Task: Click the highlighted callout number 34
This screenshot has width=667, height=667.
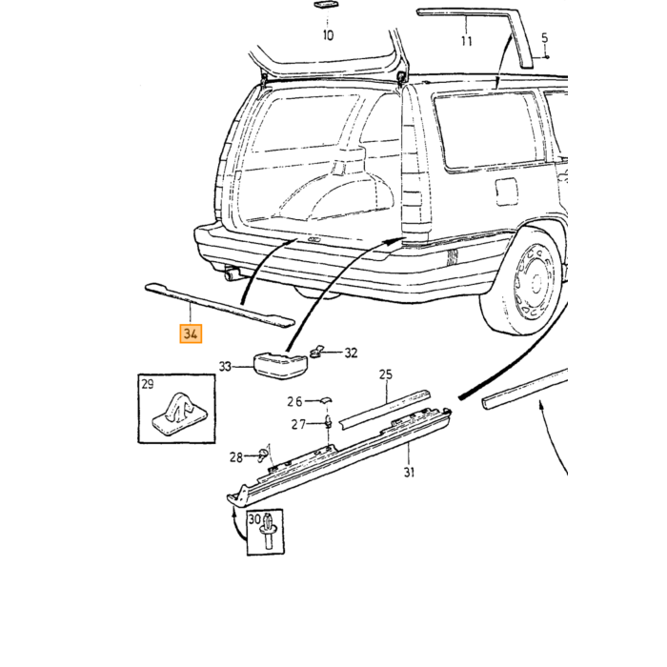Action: click(191, 333)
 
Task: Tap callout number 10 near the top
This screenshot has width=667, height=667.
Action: click(328, 35)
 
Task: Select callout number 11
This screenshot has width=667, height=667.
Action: click(467, 41)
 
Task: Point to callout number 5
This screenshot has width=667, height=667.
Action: click(545, 38)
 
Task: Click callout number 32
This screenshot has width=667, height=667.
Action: click(351, 353)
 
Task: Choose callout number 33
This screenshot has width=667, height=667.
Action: click(225, 366)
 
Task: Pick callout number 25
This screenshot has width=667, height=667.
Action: click(385, 374)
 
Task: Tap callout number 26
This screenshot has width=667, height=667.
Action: click(294, 401)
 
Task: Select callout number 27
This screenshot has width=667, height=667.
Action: click(298, 425)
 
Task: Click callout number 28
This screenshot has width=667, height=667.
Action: click(236, 457)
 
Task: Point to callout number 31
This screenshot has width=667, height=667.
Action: click(409, 473)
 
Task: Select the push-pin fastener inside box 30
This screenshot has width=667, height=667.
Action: click(269, 532)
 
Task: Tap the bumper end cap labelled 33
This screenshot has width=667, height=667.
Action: click(281, 365)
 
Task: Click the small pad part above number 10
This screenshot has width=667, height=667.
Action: click(328, 5)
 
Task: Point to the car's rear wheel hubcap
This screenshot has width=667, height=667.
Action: click(536, 281)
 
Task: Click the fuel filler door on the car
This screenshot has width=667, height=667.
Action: click(506, 192)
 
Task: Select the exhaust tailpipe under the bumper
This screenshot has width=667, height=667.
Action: click(232, 273)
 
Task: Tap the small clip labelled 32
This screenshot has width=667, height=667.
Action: click(316, 352)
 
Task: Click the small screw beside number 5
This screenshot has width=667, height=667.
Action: click(547, 56)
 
